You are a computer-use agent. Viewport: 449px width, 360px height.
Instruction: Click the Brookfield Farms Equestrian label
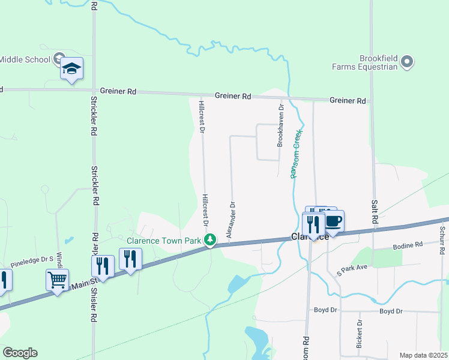366,62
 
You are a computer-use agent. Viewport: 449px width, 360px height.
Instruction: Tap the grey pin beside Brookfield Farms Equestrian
407,62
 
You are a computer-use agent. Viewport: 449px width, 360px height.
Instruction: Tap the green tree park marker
210,241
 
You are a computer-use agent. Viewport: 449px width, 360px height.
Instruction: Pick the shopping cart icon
57,279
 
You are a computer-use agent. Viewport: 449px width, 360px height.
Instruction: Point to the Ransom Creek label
295,155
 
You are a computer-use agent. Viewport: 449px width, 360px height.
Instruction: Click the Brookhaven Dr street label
280,126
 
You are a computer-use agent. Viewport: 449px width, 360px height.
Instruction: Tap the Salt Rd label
375,212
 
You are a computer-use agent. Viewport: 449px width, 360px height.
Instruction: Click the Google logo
20,353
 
